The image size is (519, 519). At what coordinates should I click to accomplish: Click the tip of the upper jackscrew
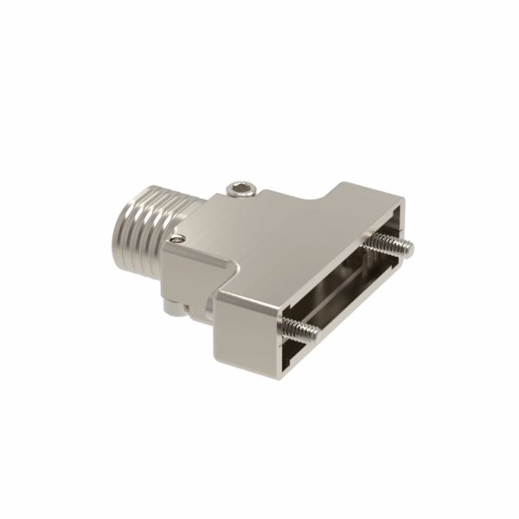tap(407, 251)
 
